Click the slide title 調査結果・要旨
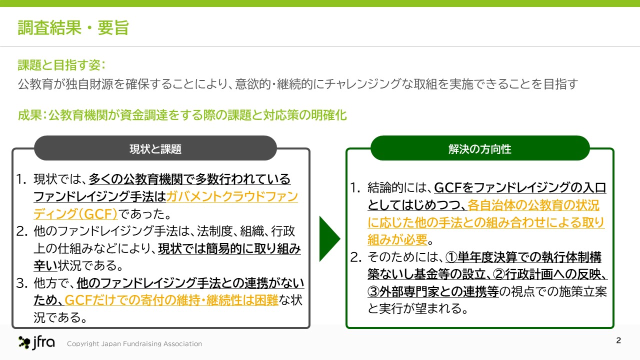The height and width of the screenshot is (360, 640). (73, 27)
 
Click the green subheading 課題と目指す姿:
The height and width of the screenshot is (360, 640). (61, 65)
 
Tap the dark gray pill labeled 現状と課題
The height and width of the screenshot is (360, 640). (155, 148)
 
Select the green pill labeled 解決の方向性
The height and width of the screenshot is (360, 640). (480, 148)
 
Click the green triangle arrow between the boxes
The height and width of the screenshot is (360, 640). (329, 239)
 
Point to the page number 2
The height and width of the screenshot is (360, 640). (618, 340)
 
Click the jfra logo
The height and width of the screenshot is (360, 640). (36, 342)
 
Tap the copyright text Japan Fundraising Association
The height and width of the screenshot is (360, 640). (151, 343)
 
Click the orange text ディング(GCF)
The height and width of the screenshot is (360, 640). (75, 213)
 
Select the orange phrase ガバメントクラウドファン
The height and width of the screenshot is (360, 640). (232, 196)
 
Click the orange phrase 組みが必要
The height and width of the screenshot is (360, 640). (397, 239)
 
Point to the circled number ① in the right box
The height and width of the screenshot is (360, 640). (451, 257)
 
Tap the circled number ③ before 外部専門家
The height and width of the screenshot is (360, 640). (373, 291)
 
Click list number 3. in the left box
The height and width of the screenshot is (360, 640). (22, 283)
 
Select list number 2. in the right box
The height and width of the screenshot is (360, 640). (356, 257)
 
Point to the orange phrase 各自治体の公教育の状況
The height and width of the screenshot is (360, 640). (533, 205)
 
